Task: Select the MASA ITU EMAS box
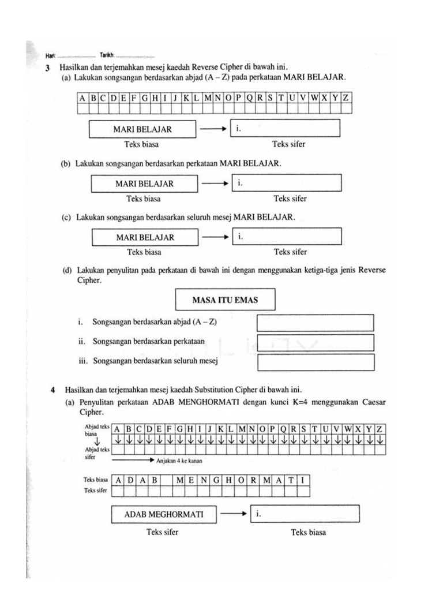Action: coord(225,300)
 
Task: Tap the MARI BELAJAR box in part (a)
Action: coord(142,129)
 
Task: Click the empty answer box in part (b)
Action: coord(287,184)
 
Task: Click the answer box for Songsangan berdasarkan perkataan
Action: coord(315,342)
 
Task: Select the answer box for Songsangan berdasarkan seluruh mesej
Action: coord(315,362)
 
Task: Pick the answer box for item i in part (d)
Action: coord(315,323)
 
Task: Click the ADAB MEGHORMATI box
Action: coord(164,514)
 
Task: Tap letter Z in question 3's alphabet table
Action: coord(345,98)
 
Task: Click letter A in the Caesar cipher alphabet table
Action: coord(117,429)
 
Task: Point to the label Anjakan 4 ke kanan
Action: coord(179,461)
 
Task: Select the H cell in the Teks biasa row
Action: coord(229,480)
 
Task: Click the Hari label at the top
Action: coord(50,55)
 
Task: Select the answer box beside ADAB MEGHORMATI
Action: coord(305,514)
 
